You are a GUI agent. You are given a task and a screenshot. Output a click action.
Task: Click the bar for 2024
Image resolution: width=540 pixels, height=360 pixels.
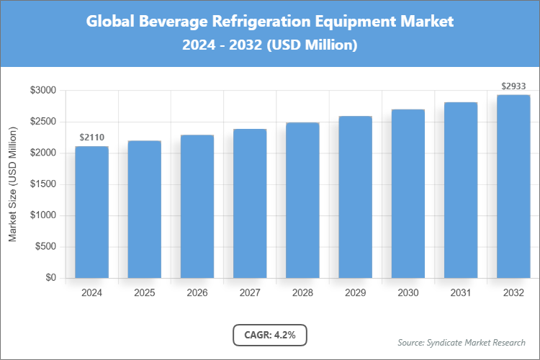pos(91,212)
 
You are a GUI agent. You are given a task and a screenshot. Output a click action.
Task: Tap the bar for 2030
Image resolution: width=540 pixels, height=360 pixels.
pos(408,194)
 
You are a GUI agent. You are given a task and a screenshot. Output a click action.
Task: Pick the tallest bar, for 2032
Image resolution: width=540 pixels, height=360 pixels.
pos(513,186)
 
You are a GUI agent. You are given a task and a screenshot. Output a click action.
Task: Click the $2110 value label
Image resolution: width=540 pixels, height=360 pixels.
pos(91,137)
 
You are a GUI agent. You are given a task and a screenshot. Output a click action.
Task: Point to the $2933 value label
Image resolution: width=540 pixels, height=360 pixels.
pos(513,86)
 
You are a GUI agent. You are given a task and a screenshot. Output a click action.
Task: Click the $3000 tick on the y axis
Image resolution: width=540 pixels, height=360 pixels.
pos(42,91)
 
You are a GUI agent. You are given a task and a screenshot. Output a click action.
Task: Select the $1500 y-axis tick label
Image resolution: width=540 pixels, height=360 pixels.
pos(42,184)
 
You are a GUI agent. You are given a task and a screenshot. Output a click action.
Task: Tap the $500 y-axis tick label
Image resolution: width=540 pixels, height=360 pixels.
pos(45,247)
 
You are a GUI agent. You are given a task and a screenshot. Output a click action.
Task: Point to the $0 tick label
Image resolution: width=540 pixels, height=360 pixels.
pos(50,278)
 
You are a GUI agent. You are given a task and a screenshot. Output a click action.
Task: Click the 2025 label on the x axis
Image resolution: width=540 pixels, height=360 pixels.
pos(144,293)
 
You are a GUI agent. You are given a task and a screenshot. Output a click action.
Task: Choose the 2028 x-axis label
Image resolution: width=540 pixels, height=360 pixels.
pos(302,293)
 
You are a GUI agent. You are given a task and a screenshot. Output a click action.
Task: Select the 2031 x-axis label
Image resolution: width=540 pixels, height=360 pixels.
pos(461,293)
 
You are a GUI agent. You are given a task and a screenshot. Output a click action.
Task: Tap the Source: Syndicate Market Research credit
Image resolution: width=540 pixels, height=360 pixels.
pos(462,342)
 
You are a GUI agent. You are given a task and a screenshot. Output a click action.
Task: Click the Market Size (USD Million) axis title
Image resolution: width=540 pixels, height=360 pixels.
pos(13,184)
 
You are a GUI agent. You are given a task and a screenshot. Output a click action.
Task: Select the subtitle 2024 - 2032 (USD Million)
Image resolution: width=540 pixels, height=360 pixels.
pos(270,45)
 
